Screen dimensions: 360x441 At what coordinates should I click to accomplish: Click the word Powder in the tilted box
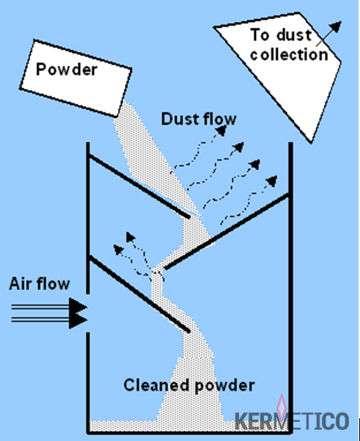point(67,69)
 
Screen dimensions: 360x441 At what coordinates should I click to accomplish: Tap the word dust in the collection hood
point(294,35)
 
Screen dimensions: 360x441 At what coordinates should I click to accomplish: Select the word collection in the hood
point(289,54)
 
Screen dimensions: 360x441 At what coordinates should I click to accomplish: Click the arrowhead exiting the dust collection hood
point(335,26)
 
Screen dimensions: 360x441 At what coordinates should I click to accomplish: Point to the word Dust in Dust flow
point(179,119)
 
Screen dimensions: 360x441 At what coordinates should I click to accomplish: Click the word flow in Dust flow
point(218,119)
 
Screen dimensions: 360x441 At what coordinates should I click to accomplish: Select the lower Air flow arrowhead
point(78,321)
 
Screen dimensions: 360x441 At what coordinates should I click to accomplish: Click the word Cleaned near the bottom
point(156,384)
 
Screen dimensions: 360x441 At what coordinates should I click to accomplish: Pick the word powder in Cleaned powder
point(225,385)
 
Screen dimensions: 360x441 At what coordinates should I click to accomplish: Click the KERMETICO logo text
point(292,421)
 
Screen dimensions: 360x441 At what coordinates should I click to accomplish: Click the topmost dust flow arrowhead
point(221,131)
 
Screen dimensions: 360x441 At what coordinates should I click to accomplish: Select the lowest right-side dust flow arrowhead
point(272,181)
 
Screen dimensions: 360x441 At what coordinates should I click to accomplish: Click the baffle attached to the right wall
point(227,231)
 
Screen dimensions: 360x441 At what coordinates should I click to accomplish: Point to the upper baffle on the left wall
point(139,186)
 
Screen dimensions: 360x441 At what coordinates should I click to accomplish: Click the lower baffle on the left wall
point(139,294)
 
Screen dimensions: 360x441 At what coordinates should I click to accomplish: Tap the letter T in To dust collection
point(256,35)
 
